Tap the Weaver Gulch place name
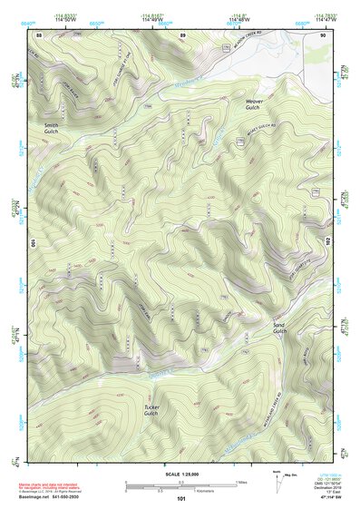pyautogui.click(x=253, y=104)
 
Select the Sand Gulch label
pyautogui.click(x=279, y=328)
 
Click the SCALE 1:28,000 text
pyautogui.click(x=180, y=474)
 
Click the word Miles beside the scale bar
pyautogui.click(x=240, y=481)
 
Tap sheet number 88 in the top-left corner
pyautogui.click(x=40, y=34)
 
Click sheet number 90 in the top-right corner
pyautogui.click(x=322, y=34)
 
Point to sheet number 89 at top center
pyautogui.click(x=181, y=34)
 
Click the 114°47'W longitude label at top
pyautogui.click(x=323, y=20)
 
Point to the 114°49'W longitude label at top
pyautogui.click(x=151, y=20)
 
